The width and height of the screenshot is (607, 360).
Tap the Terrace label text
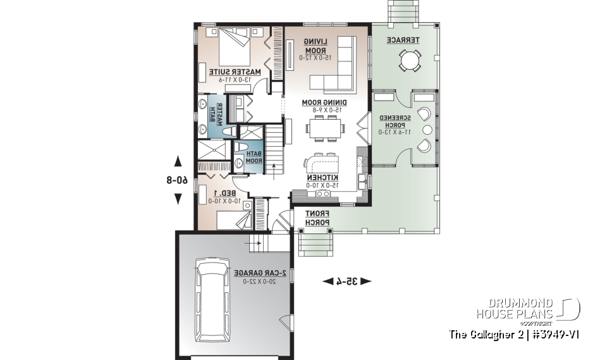point(400,40)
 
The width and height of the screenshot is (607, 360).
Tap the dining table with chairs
point(325,129)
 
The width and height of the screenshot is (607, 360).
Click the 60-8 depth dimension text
point(178,180)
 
